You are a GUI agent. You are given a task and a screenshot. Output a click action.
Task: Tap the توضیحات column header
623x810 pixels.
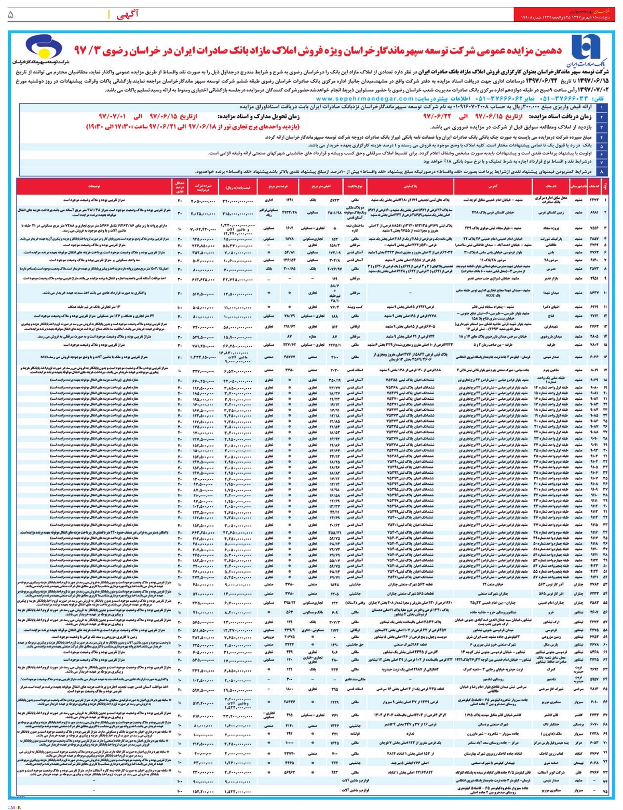click(94, 185)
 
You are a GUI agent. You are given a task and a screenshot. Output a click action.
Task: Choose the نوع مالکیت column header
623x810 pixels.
click(356, 185)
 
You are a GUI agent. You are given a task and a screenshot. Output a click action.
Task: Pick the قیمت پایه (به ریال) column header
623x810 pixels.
click(239, 185)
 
